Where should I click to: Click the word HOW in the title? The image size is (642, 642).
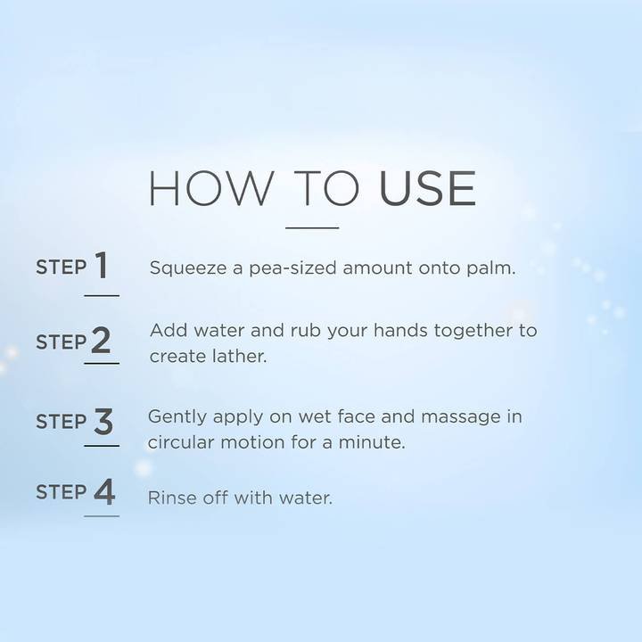(210, 188)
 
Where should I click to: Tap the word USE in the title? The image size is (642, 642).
(427, 188)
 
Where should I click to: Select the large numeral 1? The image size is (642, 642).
(102, 266)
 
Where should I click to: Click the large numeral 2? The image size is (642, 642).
(101, 340)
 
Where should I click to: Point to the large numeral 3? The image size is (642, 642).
(103, 421)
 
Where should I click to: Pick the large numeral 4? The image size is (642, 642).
(104, 491)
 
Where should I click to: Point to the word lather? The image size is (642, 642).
(239, 356)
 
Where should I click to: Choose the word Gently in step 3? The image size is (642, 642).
(177, 417)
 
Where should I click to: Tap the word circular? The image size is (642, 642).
(181, 442)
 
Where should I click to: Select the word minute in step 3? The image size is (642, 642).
(371, 442)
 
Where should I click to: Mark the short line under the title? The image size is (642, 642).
(312, 227)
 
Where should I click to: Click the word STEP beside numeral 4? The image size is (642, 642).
(61, 491)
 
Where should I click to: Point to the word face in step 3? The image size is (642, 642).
(356, 416)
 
